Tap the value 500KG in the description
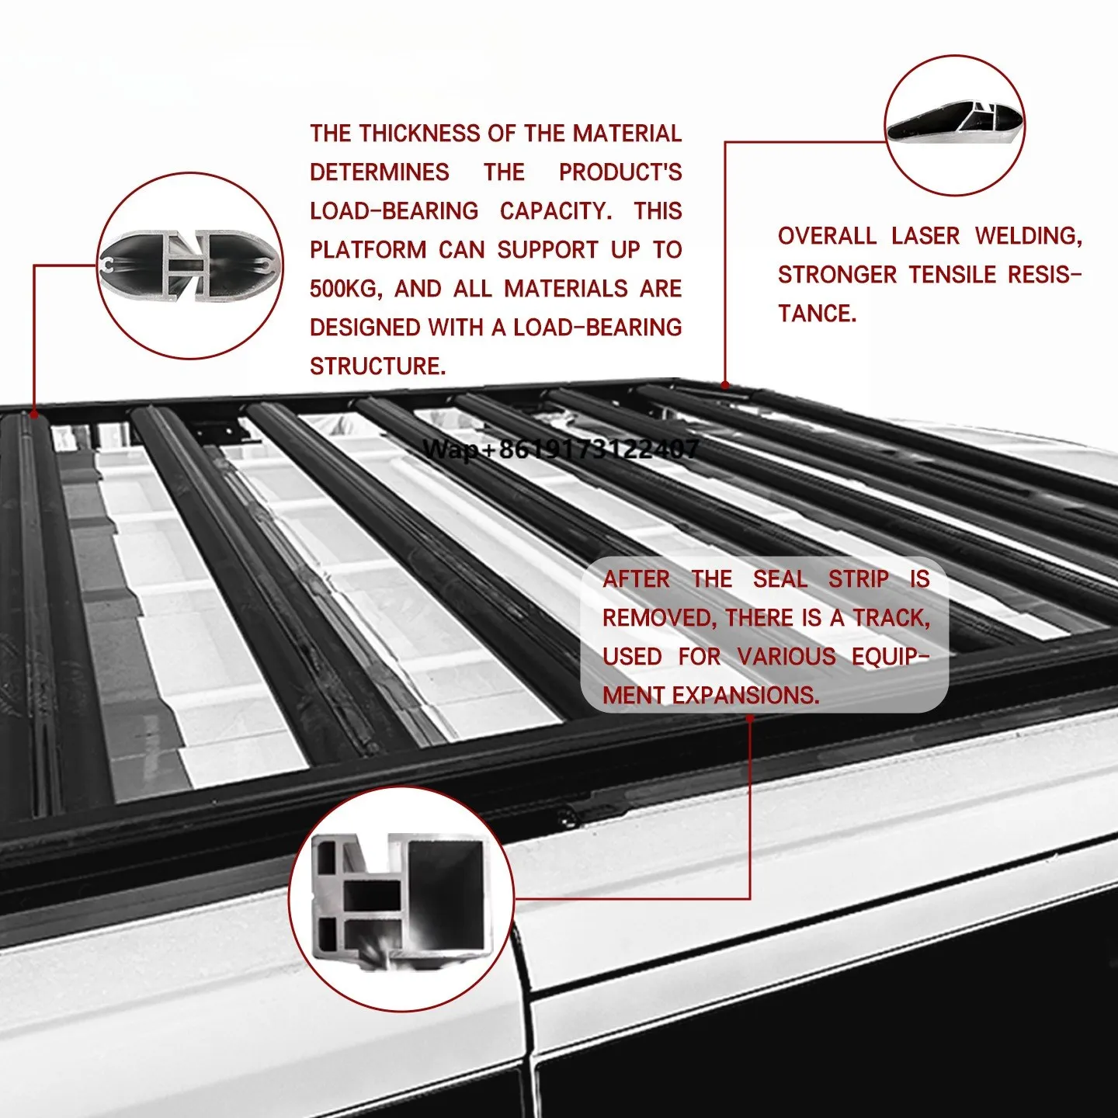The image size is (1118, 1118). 345,289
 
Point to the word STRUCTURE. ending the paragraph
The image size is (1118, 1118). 377,366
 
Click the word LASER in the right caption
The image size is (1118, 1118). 925,236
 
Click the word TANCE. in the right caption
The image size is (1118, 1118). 817,314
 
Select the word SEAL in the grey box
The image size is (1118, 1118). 779,579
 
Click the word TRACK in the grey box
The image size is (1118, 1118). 891,618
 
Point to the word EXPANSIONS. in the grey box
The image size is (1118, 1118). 745,696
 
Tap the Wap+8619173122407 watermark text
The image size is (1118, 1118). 561,449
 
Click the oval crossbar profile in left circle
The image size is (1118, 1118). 189,266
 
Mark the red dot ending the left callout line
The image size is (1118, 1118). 34,415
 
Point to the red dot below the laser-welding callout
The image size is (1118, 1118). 725,384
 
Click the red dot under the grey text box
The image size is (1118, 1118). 750,718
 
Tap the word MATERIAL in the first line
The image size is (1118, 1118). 627,134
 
